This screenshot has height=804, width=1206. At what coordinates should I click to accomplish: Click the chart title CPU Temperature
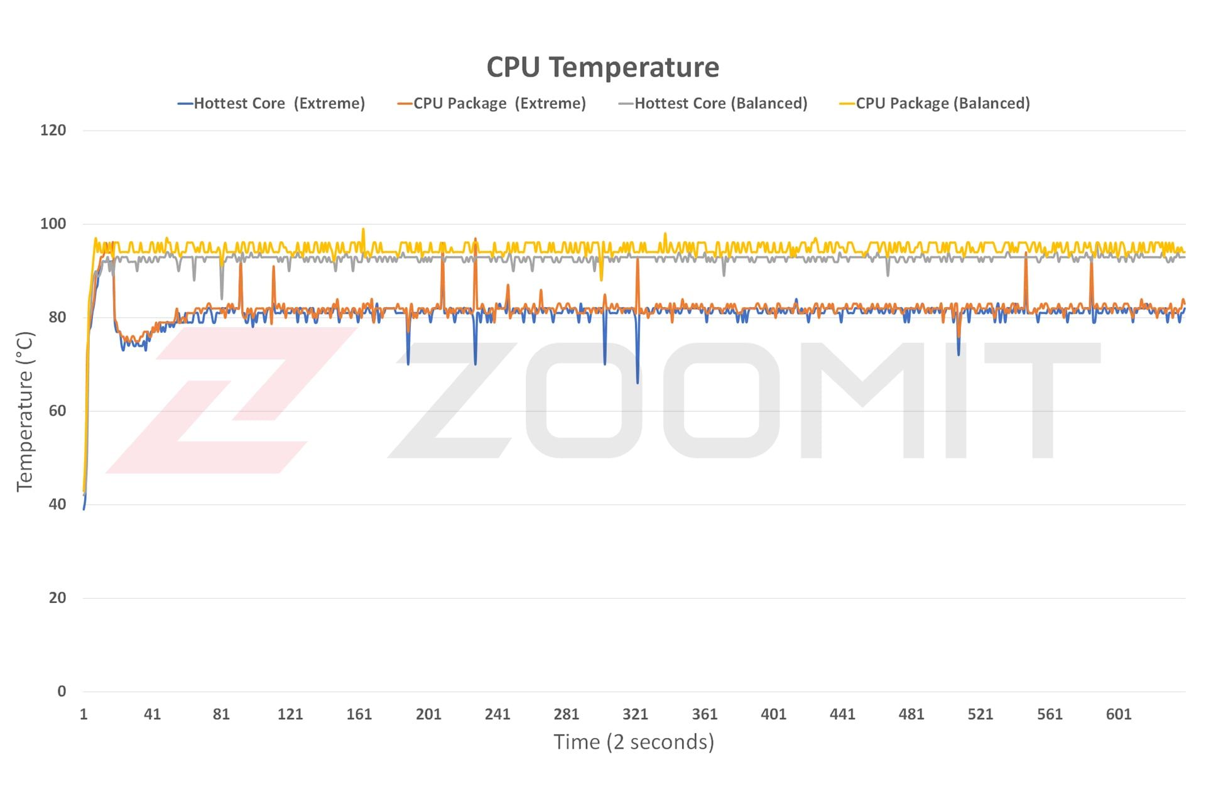point(602,67)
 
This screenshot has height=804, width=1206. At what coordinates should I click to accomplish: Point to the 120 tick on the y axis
point(53,131)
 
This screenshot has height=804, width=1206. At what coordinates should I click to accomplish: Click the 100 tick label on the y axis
point(53,224)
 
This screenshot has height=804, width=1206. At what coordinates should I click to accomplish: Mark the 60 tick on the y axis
point(57,411)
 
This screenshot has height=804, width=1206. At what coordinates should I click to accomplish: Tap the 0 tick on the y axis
point(62,692)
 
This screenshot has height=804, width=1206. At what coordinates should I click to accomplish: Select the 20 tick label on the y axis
point(57,598)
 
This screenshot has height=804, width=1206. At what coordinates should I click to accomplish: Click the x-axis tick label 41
point(152,714)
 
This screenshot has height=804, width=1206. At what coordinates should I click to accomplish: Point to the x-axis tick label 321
point(635,714)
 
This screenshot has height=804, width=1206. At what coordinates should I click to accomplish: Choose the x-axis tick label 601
point(1118,714)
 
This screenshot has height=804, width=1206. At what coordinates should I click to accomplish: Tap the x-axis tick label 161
point(359,714)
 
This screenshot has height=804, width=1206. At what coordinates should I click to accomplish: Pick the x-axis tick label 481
point(911,714)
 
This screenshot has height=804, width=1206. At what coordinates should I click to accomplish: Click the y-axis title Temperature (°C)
point(24,411)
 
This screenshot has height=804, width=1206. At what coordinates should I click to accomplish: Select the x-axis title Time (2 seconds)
point(634,742)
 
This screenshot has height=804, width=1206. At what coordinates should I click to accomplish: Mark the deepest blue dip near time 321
point(638,383)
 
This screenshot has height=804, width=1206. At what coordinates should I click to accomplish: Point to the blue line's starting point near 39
point(84,509)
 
